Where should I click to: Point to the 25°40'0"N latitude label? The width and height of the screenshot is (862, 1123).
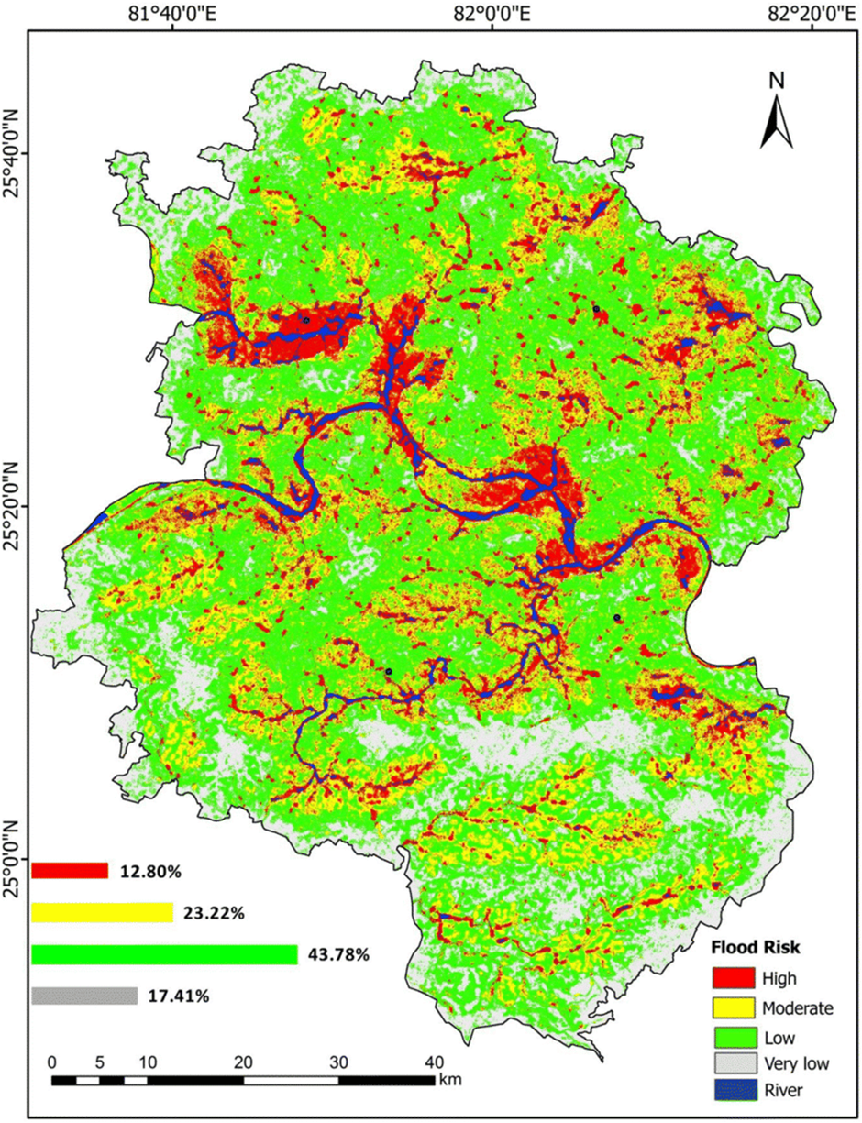click(14, 154)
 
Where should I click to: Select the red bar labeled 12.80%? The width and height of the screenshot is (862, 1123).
click(70, 871)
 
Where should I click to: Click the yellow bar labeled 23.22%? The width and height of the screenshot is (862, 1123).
click(102, 913)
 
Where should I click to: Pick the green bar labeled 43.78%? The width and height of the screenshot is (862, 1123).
click(164, 955)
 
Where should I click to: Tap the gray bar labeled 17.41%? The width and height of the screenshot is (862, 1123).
click(84, 996)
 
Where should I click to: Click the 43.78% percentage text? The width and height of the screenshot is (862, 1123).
click(337, 955)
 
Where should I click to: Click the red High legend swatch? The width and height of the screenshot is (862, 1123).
click(733, 978)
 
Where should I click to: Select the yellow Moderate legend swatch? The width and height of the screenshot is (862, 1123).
click(733, 1008)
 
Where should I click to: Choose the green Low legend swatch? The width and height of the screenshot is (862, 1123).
click(733, 1038)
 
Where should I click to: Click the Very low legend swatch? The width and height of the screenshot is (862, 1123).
click(733, 1065)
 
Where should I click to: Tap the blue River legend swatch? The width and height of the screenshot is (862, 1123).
click(733, 1091)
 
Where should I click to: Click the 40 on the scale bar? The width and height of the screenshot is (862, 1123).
click(433, 1062)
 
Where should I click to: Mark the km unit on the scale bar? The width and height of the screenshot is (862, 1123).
click(449, 1080)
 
